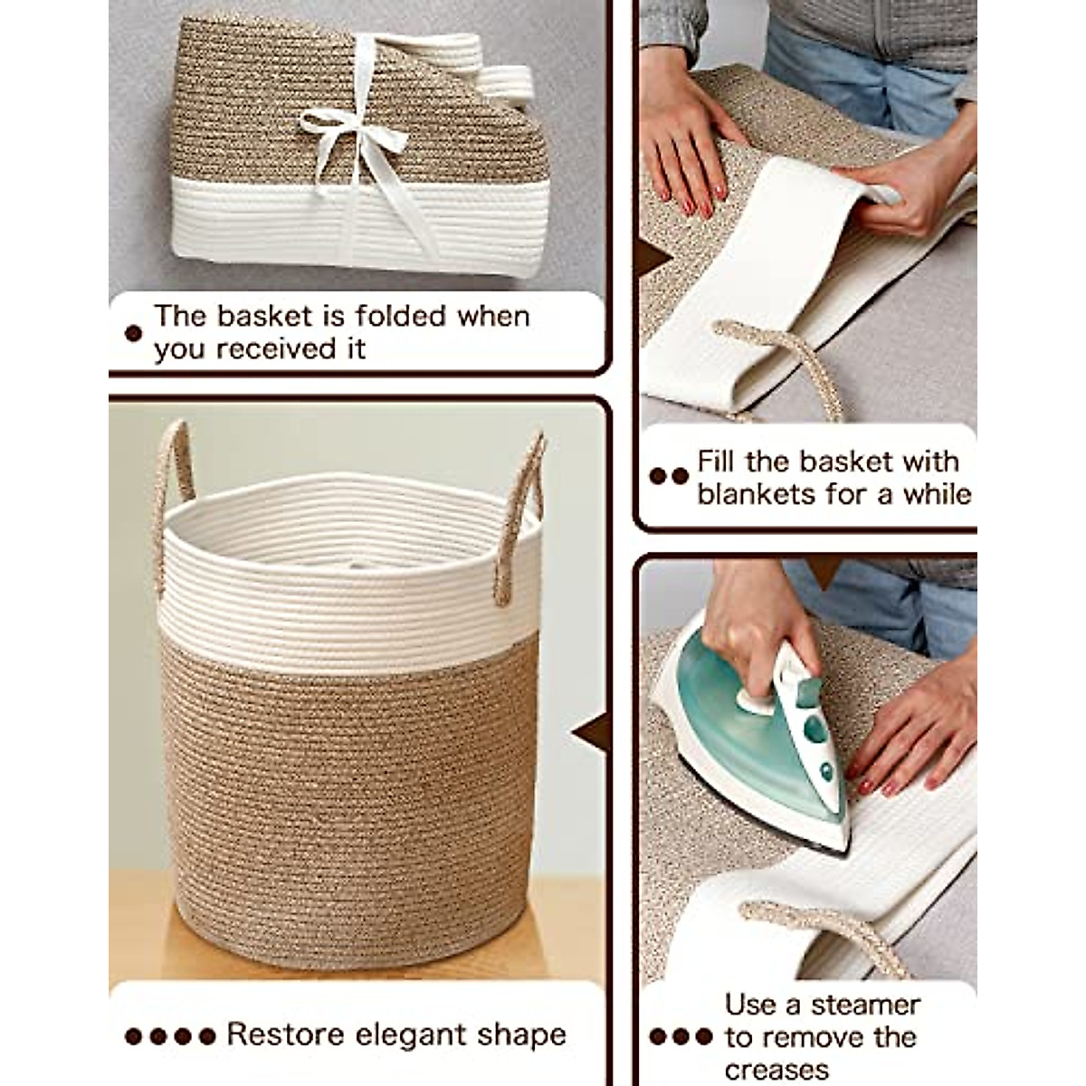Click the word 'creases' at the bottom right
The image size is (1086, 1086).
(776, 1069)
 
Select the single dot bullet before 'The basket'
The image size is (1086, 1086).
(133, 333)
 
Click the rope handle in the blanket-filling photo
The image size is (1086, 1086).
(778, 362)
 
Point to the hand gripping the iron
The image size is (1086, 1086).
(751, 615)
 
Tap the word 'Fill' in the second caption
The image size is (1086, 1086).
(717, 462)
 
